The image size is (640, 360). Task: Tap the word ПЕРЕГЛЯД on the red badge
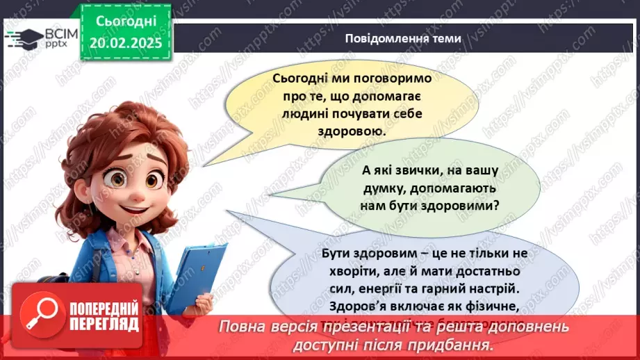104,325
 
